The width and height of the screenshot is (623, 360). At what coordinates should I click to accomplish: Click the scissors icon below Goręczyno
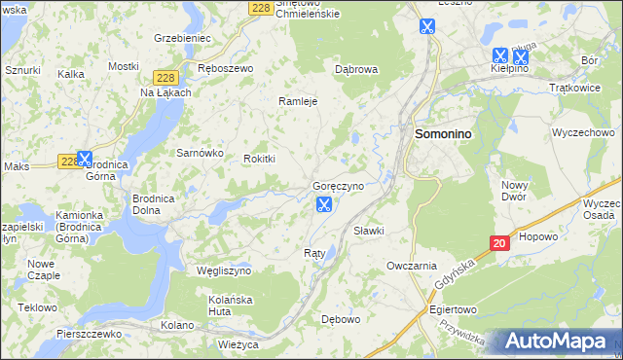click(x=324, y=204)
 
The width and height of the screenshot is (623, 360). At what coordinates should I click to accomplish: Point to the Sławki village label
click(x=369, y=231)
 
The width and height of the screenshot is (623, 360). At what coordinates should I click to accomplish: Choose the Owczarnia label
click(x=411, y=265)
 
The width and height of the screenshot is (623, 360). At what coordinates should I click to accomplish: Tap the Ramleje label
click(x=299, y=101)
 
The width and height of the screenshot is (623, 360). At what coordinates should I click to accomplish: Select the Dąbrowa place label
click(x=355, y=70)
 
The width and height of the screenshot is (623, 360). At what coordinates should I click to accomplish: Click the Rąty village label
click(x=314, y=253)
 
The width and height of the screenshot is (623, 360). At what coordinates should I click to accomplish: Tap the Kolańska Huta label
click(x=231, y=306)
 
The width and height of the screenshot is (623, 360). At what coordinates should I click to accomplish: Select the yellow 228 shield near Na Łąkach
click(x=164, y=76)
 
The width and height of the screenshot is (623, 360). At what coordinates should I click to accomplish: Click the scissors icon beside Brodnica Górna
click(x=85, y=158)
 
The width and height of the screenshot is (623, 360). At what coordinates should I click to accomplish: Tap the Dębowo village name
click(x=341, y=318)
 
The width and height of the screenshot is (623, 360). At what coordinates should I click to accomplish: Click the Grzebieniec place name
click(x=182, y=38)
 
